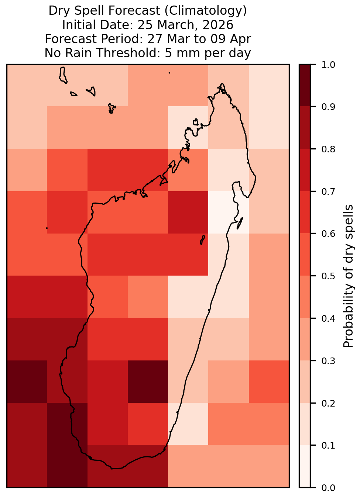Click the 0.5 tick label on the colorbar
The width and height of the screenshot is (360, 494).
tap(328, 276)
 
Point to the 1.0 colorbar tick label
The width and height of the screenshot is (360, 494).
tap(328, 65)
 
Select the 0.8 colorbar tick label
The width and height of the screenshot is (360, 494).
tap(328, 149)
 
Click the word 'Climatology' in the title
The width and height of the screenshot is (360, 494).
tap(206, 11)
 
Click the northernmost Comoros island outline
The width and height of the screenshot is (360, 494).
tap(63, 75)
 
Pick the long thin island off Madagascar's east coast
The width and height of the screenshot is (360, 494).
tap(240, 223)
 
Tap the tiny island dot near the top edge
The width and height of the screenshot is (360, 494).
tap(169, 73)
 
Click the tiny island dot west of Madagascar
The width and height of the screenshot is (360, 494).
tap(47, 228)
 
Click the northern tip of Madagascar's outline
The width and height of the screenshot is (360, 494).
tap(222, 84)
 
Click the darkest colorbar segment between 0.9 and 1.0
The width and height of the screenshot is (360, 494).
tap(305, 86)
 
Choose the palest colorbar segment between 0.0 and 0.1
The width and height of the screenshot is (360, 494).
tap(305, 466)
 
